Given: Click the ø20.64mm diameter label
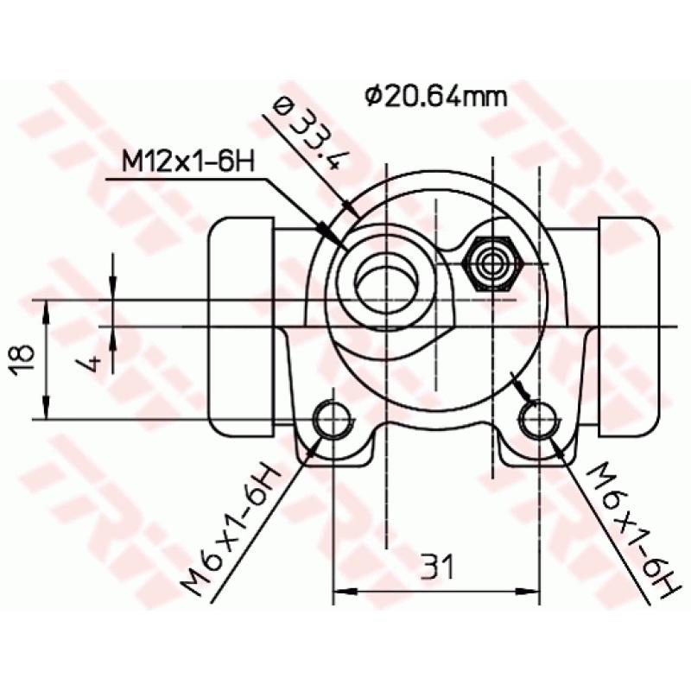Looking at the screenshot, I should (x=434, y=96).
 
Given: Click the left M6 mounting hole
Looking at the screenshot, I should (x=332, y=421).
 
